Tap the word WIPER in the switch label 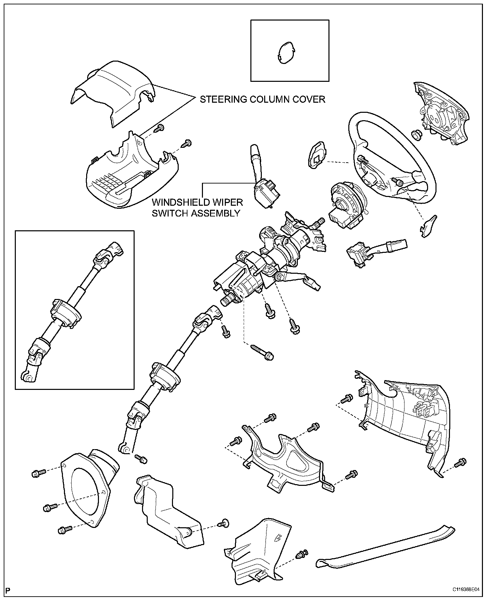227,202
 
